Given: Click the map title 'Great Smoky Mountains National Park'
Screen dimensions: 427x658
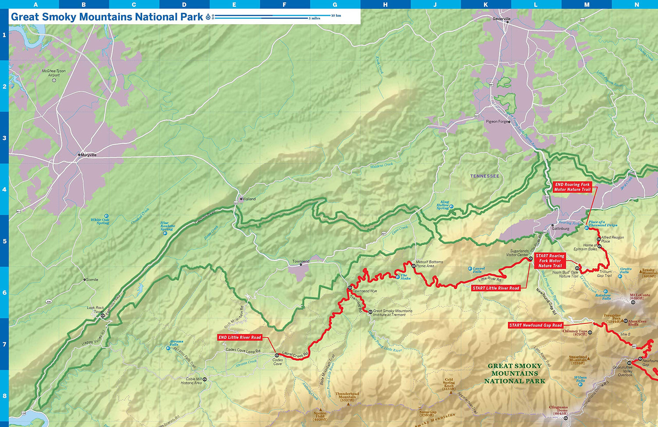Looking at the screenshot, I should (x=107, y=17).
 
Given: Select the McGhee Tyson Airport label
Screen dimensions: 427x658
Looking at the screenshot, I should (x=54, y=73).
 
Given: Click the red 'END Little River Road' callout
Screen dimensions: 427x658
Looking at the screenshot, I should (x=240, y=337).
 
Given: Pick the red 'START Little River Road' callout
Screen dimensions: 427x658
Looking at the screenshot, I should (x=496, y=288).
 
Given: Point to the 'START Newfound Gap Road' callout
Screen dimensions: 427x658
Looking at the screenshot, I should (x=535, y=326).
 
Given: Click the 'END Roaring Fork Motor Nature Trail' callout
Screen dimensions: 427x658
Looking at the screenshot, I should (x=572, y=187).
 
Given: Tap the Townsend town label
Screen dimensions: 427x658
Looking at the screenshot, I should (x=301, y=261).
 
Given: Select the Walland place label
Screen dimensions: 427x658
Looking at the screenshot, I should (x=249, y=199).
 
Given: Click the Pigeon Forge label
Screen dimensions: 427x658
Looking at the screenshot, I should (x=497, y=122).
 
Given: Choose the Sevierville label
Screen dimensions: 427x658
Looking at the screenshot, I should (x=501, y=19).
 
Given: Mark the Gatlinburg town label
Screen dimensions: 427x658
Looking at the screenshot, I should (x=560, y=228).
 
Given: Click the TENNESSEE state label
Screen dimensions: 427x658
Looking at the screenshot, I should (x=484, y=176).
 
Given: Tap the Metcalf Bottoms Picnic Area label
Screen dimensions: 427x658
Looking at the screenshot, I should (x=429, y=264).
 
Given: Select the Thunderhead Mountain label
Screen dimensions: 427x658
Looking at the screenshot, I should (x=347, y=397).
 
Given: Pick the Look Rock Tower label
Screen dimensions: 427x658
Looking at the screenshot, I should (x=95, y=310).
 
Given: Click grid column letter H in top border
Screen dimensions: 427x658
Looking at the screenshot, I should (x=385, y=4).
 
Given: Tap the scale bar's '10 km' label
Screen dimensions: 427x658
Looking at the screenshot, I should (x=336, y=15).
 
